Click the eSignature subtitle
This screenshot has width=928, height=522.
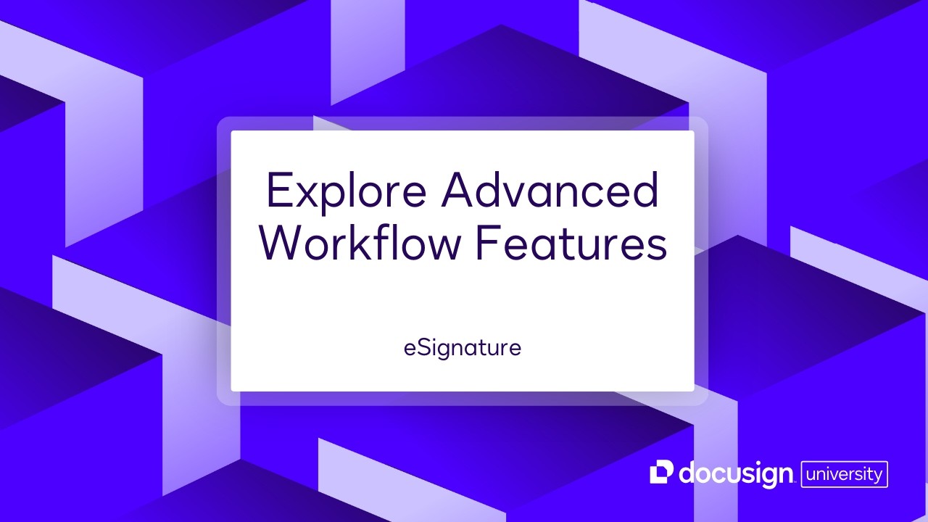click(x=463, y=348)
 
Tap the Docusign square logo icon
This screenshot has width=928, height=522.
click(x=661, y=472)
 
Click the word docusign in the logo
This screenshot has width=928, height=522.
click(x=734, y=475)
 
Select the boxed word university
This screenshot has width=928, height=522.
click(x=844, y=475)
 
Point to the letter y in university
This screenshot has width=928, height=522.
click(x=877, y=477)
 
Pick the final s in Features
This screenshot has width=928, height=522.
click(x=657, y=248)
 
